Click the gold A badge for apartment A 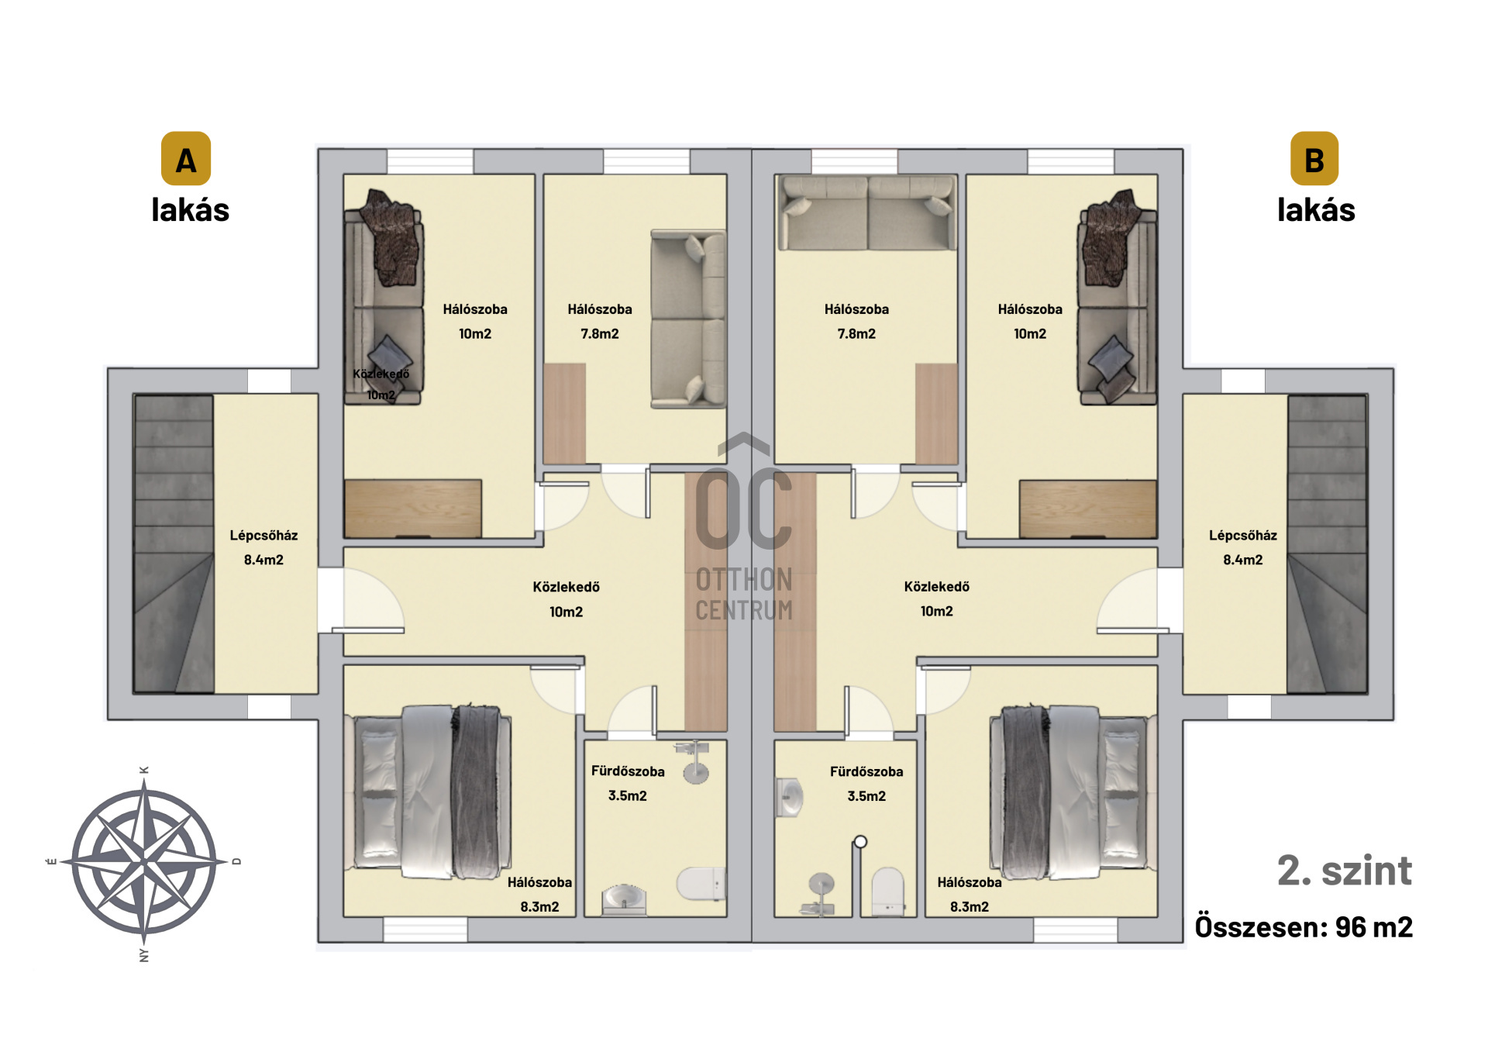(186, 159)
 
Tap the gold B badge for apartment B (1314, 159)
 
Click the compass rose (144, 862)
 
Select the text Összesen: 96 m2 (1304, 927)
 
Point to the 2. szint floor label (1345, 871)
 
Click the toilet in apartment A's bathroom (701, 884)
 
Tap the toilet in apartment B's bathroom (888, 892)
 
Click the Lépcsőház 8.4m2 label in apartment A (263, 547)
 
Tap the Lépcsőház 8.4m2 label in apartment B (1243, 547)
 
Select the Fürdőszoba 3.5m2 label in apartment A (628, 783)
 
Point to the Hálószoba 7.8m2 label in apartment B (856, 321)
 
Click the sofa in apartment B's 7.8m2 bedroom (866, 212)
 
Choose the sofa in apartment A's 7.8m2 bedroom (688, 319)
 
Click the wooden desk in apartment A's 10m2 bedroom (413, 509)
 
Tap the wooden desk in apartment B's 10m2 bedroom (1088, 509)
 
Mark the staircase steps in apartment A (174, 543)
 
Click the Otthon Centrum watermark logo (744, 527)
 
